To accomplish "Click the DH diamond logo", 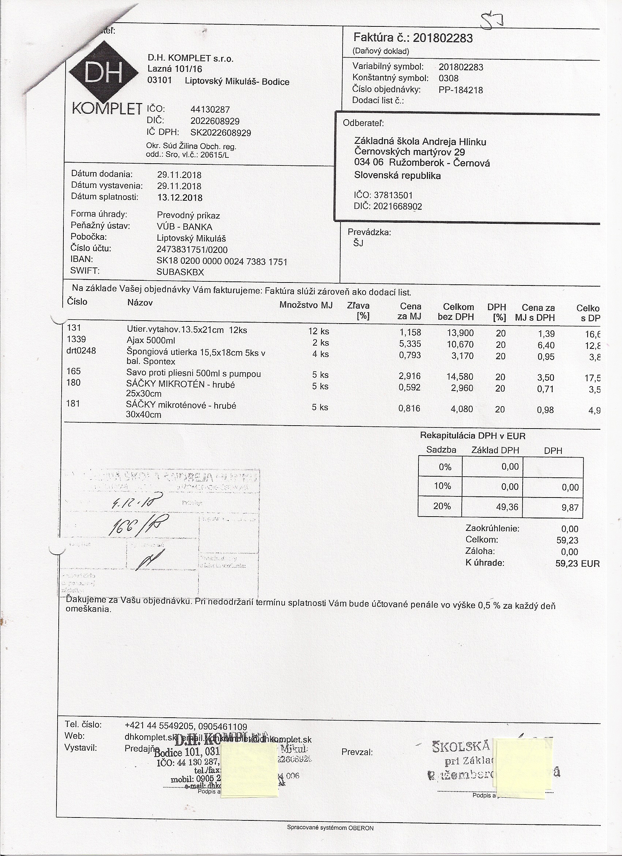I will click(x=104, y=72).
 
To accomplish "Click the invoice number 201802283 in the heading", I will click(x=442, y=38).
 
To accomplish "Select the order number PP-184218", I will click(x=461, y=90).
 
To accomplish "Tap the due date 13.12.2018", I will click(x=180, y=198).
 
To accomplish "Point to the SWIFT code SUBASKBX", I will click(x=180, y=272).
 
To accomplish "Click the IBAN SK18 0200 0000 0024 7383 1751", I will click(x=222, y=262).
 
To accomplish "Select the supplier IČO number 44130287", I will click(x=210, y=110).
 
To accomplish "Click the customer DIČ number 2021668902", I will click(x=398, y=207).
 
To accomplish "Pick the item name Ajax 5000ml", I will click(x=151, y=340).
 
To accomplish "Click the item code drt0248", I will click(x=81, y=351).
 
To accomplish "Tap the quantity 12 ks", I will click(x=318, y=331).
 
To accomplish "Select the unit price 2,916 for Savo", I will click(x=410, y=376).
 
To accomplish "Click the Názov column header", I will click(x=140, y=303).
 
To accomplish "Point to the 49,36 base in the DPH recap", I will click(x=507, y=507).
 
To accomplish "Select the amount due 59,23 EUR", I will click(x=577, y=564).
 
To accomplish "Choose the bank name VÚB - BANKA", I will click(x=184, y=227).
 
